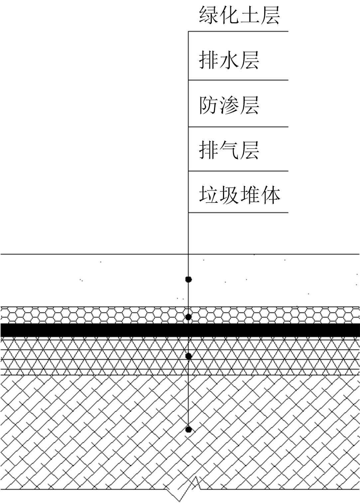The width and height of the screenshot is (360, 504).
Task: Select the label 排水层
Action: [229, 60]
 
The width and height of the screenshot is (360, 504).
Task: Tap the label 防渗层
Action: [229, 105]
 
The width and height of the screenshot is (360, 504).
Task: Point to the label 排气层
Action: [229, 150]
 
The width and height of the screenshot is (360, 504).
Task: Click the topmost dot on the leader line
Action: [188, 279]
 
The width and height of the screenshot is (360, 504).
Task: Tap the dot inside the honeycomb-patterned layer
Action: [188, 317]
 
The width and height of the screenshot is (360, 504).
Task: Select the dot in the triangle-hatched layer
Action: [188, 356]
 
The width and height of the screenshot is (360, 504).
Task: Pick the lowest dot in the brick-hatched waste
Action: [188, 430]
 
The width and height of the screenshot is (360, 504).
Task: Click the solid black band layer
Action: [100, 330]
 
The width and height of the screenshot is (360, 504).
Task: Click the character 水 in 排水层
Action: [229, 60]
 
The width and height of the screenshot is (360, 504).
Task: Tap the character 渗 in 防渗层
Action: [229, 105]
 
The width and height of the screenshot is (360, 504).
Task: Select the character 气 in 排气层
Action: [229, 150]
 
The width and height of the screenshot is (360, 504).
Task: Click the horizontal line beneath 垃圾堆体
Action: [238, 212]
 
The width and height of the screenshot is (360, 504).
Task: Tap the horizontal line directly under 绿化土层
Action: [238, 32]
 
